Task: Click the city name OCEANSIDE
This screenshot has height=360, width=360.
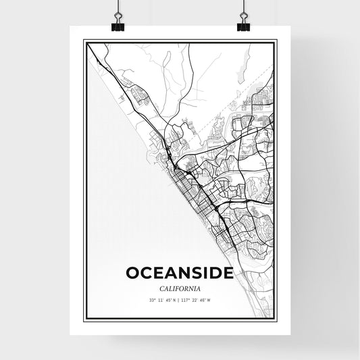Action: (x=180, y=273)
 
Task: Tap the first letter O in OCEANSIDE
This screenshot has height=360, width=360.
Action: (x=132, y=273)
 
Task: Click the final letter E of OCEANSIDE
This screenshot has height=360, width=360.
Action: (x=228, y=273)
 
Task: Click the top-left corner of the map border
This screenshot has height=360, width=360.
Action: (x=83, y=41)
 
